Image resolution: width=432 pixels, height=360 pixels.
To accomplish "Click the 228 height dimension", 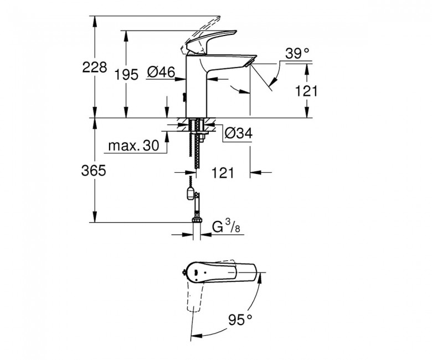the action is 95,68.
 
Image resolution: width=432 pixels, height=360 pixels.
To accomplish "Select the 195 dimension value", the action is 126,75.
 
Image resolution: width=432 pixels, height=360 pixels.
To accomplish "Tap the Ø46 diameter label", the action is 161,72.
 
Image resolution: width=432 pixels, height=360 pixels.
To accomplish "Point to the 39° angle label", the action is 297,53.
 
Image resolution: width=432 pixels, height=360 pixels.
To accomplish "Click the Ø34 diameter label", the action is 239,133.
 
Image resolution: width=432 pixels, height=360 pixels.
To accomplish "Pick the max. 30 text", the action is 134,145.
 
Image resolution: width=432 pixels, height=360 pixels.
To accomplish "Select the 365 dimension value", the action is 94,171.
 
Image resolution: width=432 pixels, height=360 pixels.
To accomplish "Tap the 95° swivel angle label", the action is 240,320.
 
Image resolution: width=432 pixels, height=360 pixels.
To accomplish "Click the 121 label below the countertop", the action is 223,173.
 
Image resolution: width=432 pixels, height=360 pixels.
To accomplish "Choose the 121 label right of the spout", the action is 306,91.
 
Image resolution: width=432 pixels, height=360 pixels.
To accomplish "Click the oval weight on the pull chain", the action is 190,193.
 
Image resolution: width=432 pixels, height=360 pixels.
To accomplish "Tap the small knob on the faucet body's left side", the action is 183,97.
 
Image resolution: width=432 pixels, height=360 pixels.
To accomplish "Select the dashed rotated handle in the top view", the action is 196,297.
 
